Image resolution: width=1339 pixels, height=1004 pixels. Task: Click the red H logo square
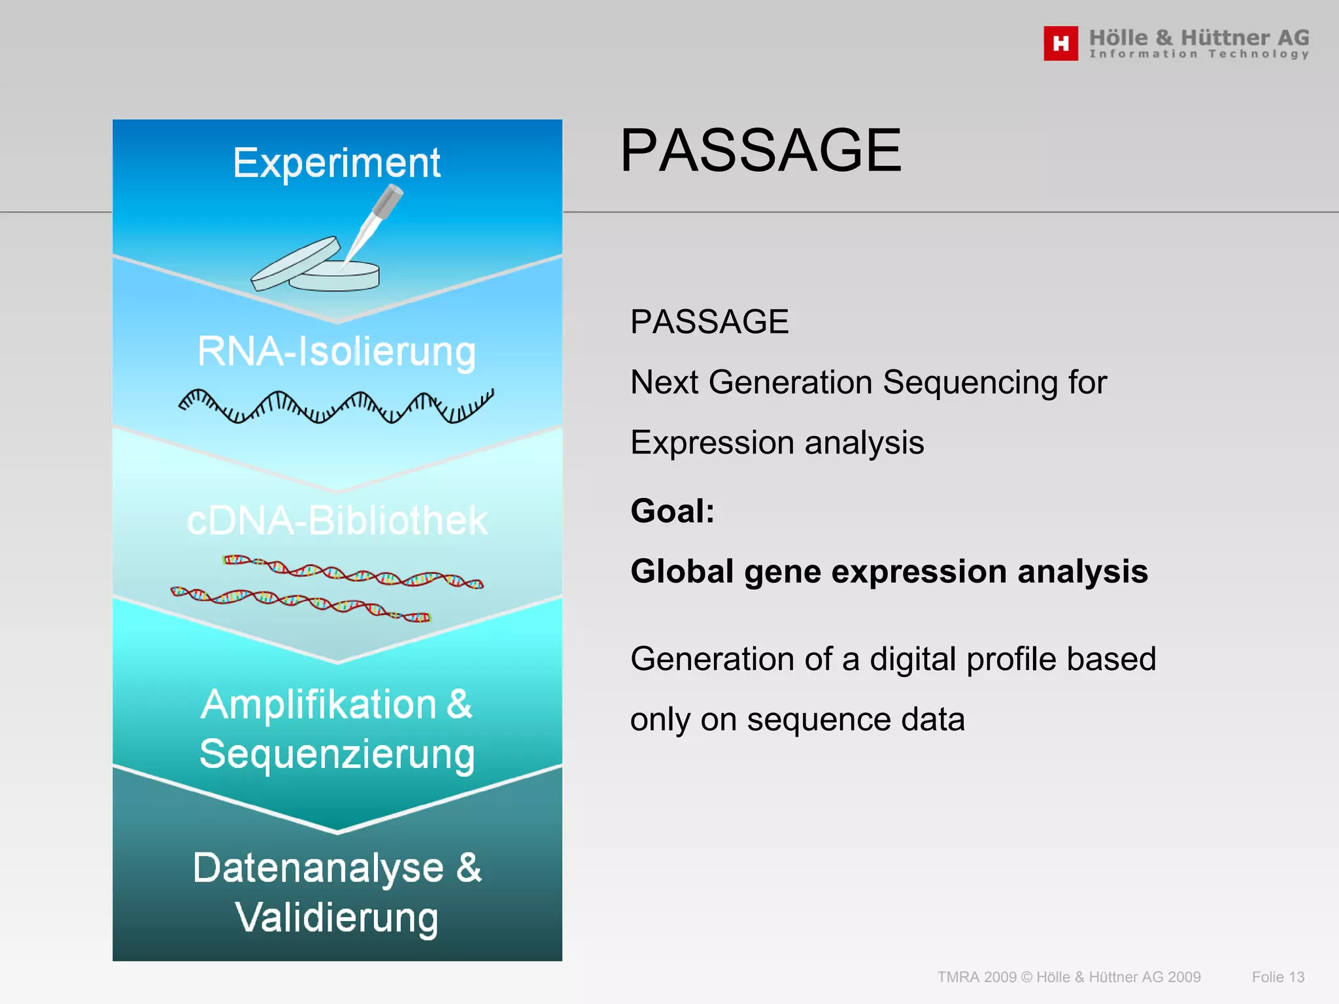click(1060, 43)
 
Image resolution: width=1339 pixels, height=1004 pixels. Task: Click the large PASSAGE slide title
click(760, 151)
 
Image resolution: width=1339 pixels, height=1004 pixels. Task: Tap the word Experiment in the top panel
click(337, 163)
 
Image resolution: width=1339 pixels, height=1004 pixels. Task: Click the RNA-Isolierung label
click(337, 352)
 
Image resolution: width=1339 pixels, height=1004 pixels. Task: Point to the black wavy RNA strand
click(336, 406)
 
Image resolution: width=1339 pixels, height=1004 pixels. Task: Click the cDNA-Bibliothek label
click(337, 521)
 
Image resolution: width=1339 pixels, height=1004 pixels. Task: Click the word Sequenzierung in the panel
click(337, 754)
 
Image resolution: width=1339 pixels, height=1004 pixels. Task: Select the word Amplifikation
click(318, 705)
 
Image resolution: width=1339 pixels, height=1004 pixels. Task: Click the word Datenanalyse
click(318, 868)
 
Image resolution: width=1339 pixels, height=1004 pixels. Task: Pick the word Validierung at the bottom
click(337, 918)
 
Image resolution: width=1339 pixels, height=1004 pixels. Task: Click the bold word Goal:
click(672, 510)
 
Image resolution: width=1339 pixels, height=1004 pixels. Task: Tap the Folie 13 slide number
click(1278, 977)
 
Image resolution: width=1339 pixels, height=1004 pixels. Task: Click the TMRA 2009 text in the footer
click(977, 977)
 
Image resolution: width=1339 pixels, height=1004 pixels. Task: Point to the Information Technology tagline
click(1198, 54)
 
